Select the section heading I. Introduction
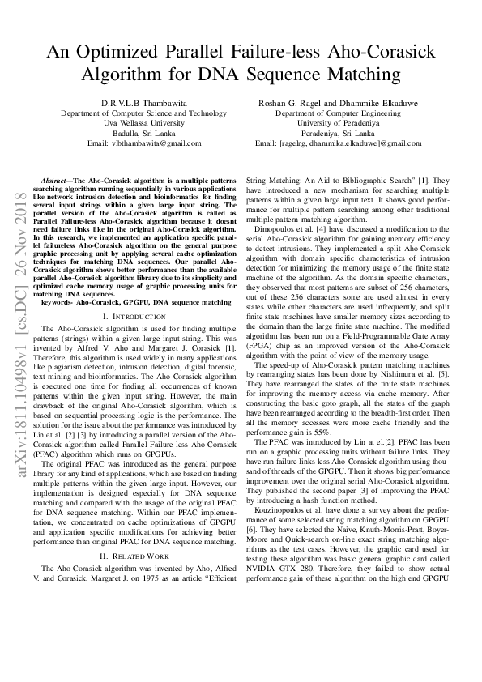coord(137,317)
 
